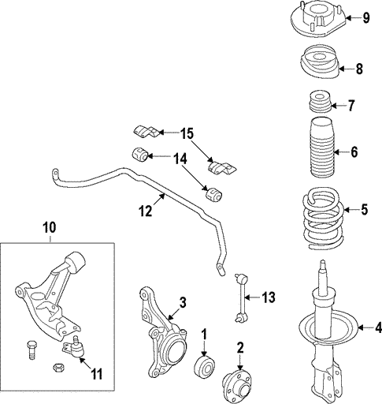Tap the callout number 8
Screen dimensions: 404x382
pyautogui.click(x=359, y=69)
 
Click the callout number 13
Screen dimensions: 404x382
pyautogui.click(x=269, y=297)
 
